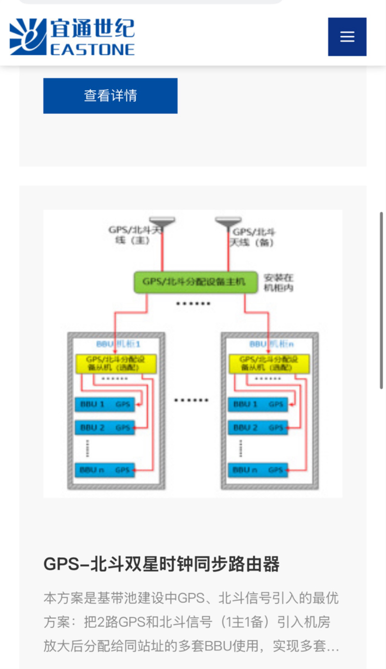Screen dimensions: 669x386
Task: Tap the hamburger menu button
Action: pyautogui.click(x=347, y=37)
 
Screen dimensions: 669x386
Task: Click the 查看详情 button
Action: pyautogui.click(x=110, y=95)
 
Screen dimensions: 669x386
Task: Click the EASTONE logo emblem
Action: pyautogui.click(x=28, y=37)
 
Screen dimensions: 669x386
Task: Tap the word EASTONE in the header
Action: pyautogui.click(x=92, y=49)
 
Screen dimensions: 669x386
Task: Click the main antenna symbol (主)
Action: pyautogui.click(x=162, y=221)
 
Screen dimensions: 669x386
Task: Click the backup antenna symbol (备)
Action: pyautogui.click(x=229, y=221)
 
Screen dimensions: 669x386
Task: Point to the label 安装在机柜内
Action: pyautogui.click(x=278, y=282)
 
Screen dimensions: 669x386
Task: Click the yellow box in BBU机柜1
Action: pyautogui.click(x=116, y=364)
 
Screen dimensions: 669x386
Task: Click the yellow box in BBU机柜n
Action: pyautogui.click(x=268, y=364)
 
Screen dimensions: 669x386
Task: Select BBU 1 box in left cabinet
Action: pyautogui.click(x=105, y=404)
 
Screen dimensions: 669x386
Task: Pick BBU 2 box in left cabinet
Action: pyautogui.click(x=105, y=427)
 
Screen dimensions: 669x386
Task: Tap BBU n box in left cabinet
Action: pyautogui.click(x=105, y=470)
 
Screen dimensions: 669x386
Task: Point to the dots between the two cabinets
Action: pyautogui.click(x=191, y=400)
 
